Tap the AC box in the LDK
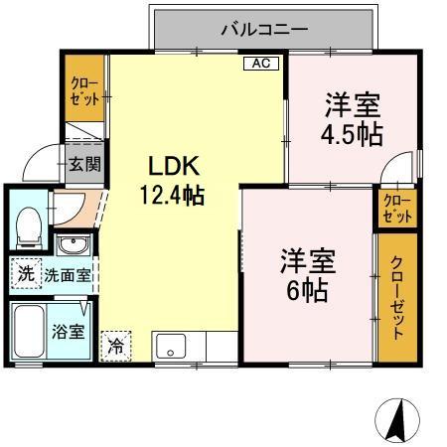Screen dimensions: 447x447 [260, 64]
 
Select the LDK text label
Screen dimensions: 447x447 [175, 166]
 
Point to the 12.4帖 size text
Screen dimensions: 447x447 [176, 195]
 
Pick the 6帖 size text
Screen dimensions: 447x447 [305, 291]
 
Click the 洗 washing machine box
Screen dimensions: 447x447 [26, 274]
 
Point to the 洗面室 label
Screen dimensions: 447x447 [66, 275]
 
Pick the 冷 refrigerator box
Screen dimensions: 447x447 [116, 347]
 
